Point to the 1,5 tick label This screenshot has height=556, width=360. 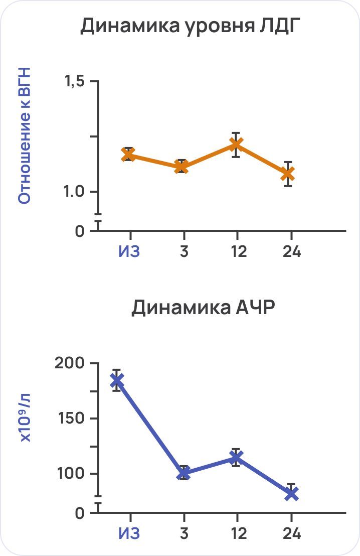[x=74, y=82]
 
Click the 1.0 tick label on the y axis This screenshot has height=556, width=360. [x=74, y=192]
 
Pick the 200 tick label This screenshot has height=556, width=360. [x=72, y=363]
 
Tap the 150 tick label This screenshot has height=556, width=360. [x=72, y=419]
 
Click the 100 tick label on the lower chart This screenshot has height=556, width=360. [x=72, y=474]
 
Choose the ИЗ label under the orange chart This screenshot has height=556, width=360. [x=129, y=251]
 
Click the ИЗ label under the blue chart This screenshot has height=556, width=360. [x=129, y=533]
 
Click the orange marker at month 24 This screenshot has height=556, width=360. [x=288, y=174]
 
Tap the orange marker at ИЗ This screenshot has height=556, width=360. [x=129, y=155]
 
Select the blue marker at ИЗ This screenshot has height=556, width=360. [x=117, y=380]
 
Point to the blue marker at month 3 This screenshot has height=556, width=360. [x=184, y=473]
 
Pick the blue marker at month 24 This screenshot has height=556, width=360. [x=291, y=494]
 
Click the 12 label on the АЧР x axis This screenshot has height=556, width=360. [x=238, y=533]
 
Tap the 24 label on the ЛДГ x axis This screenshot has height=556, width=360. [x=291, y=251]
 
